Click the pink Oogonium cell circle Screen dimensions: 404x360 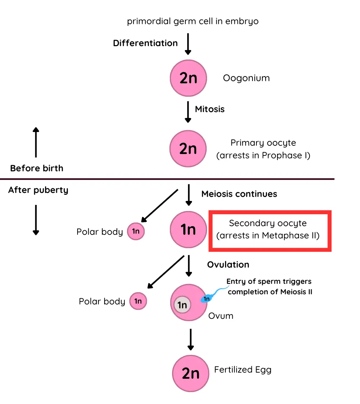point(188,78)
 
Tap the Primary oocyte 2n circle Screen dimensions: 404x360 point(188,149)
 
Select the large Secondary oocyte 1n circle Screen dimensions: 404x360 point(188,229)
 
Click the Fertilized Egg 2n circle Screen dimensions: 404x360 point(190,373)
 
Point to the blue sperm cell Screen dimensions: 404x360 point(207,298)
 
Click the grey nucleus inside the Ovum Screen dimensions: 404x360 point(182,305)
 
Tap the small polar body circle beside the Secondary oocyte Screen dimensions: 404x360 point(136,232)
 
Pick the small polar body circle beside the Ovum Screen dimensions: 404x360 point(138,301)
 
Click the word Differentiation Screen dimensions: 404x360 point(145,43)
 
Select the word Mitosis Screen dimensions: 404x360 point(210,109)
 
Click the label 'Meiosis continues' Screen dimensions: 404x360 point(239,194)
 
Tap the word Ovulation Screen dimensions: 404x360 point(228,264)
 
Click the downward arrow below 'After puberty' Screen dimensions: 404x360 point(36,219)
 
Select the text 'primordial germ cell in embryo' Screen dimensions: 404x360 point(193,21)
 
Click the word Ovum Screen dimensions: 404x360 point(221,316)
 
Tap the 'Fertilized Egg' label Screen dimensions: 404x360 point(242,370)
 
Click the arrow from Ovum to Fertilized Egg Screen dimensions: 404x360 point(190,339)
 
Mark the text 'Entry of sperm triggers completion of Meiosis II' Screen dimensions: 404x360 point(269,286)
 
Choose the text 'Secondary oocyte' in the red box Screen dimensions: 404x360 point(268,223)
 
